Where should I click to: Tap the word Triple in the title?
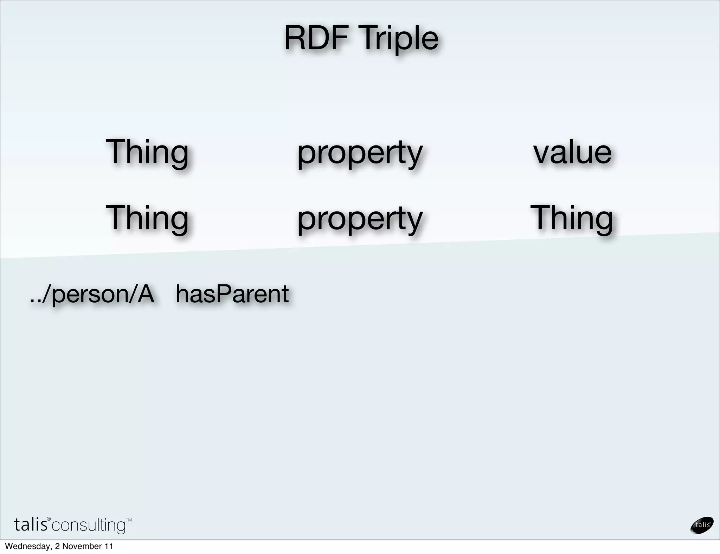399,39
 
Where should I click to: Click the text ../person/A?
92,295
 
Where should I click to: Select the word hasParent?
232,294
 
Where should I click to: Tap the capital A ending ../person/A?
146,294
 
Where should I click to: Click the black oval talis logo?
702,525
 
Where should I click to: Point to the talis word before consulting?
31,524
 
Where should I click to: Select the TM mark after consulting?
129,520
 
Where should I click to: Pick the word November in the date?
82,546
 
